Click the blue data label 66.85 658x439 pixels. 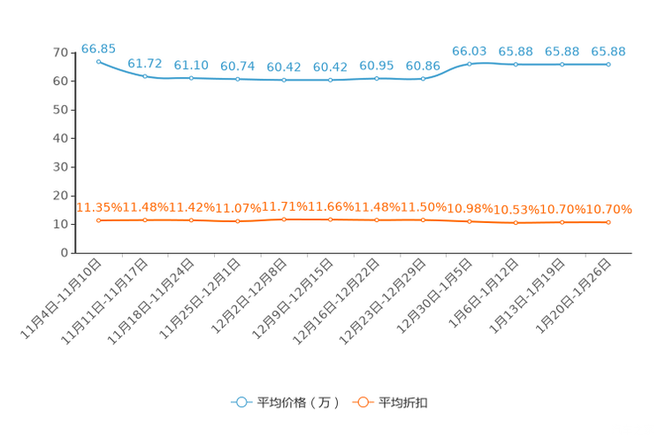(98, 50)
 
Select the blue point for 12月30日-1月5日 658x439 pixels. (469, 65)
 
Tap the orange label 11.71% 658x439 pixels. (284, 207)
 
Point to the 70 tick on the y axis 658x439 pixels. (60, 53)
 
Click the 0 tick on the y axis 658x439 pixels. (65, 253)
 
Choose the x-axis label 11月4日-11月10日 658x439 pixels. (61, 298)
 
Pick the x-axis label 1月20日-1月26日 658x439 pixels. (573, 297)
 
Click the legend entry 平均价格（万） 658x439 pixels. (285, 403)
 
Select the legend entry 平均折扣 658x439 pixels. (390, 403)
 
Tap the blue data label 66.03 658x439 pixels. (469, 51)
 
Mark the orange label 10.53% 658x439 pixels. (516, 210)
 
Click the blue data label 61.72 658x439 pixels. (145, 64)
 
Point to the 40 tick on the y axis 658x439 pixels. (60, 139)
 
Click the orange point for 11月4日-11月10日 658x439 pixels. (99, 220)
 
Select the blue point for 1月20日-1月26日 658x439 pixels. (608, 65)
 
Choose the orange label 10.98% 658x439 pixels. (470, 208)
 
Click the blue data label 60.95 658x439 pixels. (377, 66)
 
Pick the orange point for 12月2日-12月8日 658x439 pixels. (284, 219)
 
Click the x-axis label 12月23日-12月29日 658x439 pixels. (382, 302)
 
